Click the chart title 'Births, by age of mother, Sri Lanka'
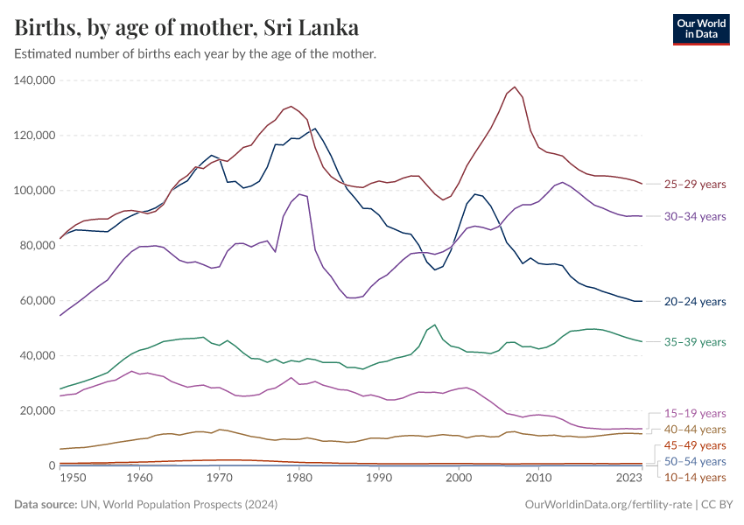186,27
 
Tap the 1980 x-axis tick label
299,478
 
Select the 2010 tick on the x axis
538,478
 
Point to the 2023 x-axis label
629,478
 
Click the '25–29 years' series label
696,185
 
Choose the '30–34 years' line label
696,216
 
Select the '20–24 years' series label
696,302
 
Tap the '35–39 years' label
696,342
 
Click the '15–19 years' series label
696,413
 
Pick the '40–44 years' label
696,430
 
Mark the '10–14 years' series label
696,477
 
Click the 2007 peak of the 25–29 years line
515,87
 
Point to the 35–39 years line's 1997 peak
435,325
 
